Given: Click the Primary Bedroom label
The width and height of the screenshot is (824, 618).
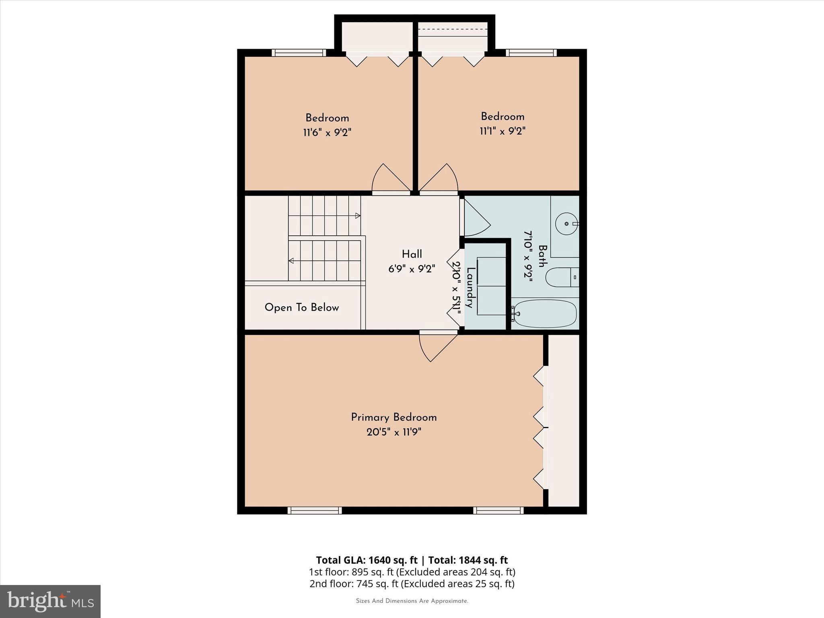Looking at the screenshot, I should coord(393,417).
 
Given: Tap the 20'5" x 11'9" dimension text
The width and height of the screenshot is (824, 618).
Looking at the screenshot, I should coord(393,433).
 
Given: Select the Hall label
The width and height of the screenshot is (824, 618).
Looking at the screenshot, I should coord(412,254).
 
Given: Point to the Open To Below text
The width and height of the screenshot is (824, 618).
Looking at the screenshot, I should coord(302,308).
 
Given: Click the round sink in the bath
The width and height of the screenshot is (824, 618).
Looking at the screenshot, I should coord(566,223).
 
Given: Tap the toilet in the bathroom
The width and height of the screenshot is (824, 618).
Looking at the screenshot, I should coord(561,277).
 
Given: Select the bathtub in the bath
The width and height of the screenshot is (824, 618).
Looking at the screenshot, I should coord(545,313).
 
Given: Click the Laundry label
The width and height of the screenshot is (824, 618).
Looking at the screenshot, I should coord(469,287).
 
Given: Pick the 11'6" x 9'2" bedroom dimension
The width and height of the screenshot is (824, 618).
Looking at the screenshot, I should coord(327,132).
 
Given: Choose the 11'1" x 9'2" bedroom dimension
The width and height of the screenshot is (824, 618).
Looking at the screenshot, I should coord(503,131).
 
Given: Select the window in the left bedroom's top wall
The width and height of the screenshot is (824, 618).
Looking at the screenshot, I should coord(299,53).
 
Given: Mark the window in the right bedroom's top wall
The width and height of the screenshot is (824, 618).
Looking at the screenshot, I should coord(531,53).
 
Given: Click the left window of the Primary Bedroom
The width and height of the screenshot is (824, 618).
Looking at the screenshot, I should coord(315,511).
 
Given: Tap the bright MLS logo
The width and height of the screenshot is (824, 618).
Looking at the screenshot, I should coord(50,601).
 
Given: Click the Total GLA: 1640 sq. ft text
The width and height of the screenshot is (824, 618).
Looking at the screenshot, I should coord(367,560).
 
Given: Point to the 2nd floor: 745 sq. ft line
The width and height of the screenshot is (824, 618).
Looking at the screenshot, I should coord(412,583).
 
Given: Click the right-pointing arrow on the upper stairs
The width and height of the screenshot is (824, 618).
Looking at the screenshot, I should coord(357,216).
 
